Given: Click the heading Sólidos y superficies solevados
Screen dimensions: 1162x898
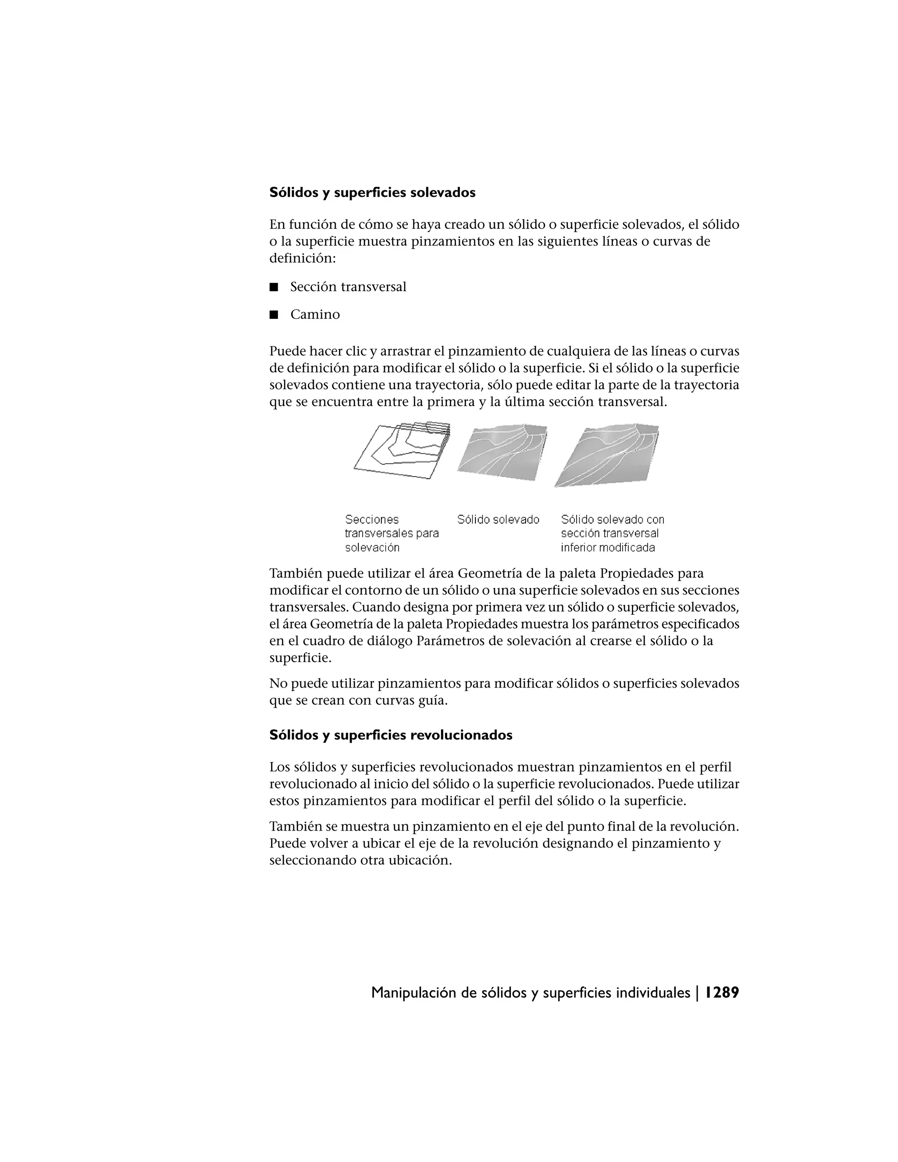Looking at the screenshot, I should pyautogui.click(x=372, y=192).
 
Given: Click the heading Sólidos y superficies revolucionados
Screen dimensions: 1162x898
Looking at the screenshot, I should pyautogui.click(x=391, y=735).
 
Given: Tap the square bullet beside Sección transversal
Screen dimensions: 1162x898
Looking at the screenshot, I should pyautogui.click(x=274, y=287).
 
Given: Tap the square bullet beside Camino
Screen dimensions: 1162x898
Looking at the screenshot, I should pyautogui.click(x=274, y=314).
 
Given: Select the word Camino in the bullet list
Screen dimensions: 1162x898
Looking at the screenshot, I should pyautogui.click(x=315, y=314).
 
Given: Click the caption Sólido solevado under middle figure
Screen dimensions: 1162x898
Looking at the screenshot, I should pyautogui.click(x=498, y=519).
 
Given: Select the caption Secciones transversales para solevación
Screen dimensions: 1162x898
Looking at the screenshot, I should pyautogui.click(x=392, y=533).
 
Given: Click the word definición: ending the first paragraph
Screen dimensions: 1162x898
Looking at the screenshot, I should pyautogui.click(x=302, y=259).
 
